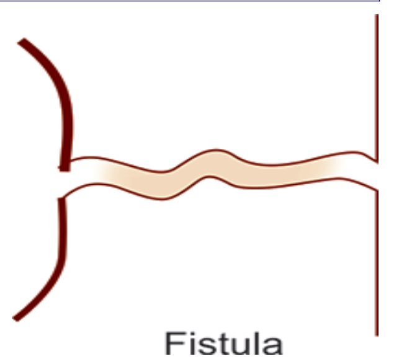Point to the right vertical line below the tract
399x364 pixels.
click(376, 260)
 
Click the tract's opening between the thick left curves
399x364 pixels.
click(66, 184)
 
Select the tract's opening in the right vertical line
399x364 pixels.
click(376, 174)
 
